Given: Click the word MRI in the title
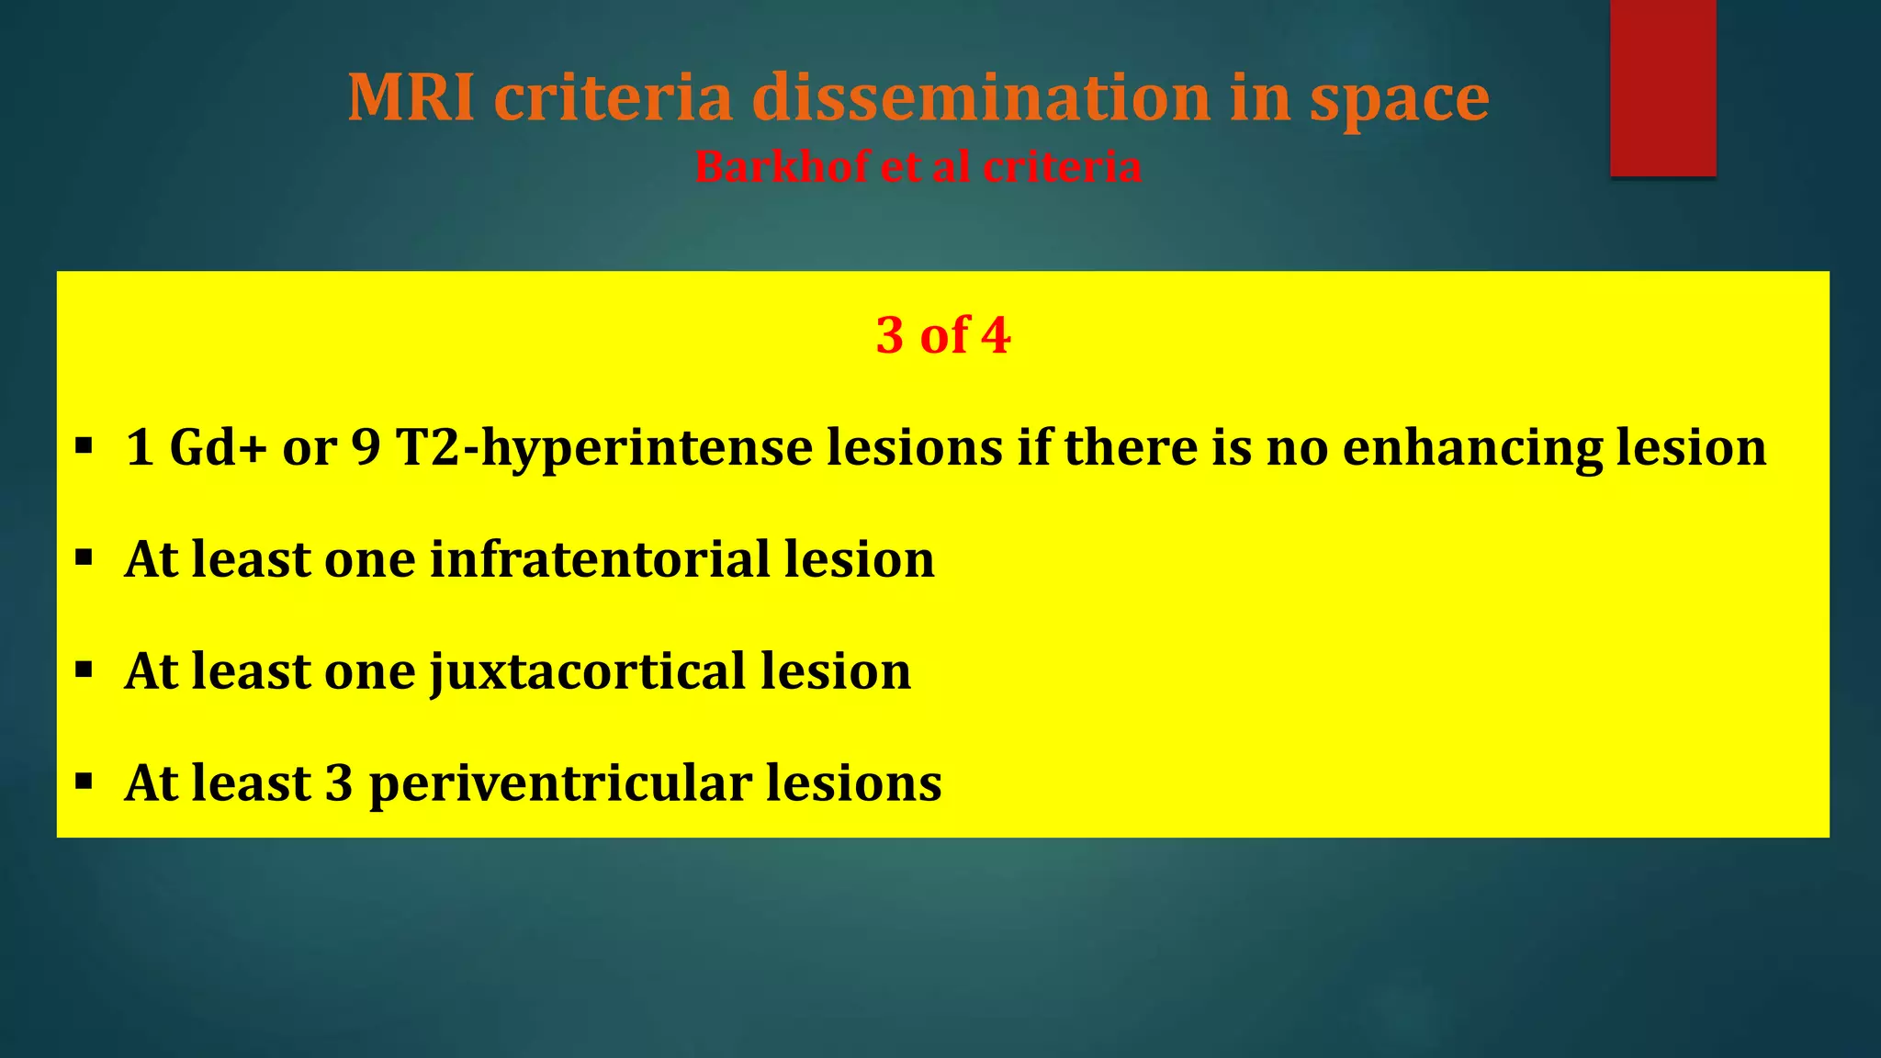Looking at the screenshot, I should point(411,97).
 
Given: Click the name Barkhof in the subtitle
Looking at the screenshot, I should point(780,167).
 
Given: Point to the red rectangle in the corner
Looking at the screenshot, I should point(1662,87).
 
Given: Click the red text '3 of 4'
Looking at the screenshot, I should point(943,334).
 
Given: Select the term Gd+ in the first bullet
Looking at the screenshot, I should point(218,447).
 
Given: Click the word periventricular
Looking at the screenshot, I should point(560,784).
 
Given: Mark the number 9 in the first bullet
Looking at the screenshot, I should point(366,447).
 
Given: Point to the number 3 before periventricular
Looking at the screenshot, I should point(339,783).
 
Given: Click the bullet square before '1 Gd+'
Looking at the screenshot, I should point(84,447).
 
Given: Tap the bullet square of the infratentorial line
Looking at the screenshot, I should point(84,558).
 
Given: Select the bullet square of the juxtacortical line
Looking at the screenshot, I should point(84,670).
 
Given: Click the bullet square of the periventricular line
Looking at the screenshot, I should point(84,782).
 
